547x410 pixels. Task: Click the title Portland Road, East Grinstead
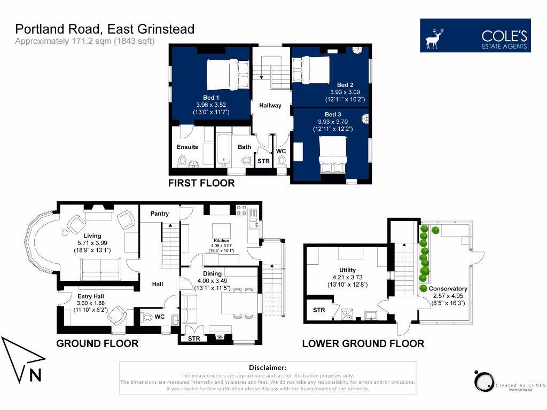tap(105, 29)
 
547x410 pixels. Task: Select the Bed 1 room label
tap(211, 97)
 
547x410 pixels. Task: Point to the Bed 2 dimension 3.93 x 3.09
tap(345, 92)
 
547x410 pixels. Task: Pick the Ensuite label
tap(187, 147)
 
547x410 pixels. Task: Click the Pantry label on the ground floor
tap(159, 214)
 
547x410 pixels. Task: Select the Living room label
tap(92, 235)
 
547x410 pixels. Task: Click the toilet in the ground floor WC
tap(147, 317)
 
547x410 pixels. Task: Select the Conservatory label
tap(448, 289)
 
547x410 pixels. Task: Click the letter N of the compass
tap(35, 375)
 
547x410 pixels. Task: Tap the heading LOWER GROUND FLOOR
tap(363, 343)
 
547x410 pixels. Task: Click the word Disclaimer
tap(267, 367)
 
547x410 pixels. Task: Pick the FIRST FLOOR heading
tap(201, 183)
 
